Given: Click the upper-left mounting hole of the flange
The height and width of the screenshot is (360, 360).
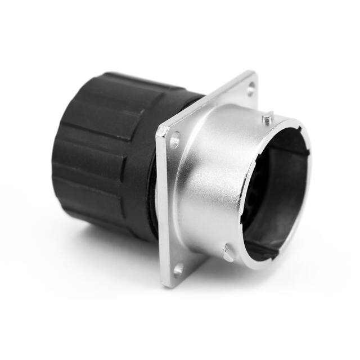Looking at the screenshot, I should pos(175,139).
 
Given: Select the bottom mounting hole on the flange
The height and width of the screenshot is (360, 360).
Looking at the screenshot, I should pos(179,271).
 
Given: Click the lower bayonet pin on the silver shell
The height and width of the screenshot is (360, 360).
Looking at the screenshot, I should pos(227,254).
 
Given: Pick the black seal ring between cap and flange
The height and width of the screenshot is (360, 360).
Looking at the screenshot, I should pos(151,186).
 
